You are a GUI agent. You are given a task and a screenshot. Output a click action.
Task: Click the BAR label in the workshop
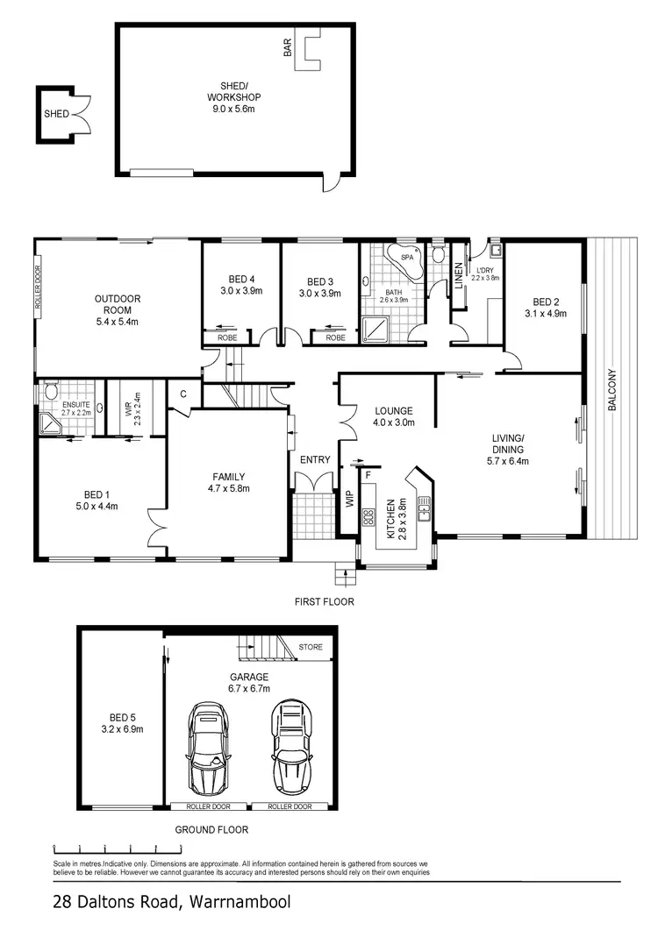[287, 47]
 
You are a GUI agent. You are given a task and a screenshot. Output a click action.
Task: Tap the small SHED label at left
[56, 114]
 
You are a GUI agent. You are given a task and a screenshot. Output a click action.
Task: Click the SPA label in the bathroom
[407, 259]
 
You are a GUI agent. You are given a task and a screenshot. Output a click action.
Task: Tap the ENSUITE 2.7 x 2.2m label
[75, 408]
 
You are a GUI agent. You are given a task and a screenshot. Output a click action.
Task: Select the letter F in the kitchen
[368, 474]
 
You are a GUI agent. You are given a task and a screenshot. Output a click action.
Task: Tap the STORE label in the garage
[311, 648]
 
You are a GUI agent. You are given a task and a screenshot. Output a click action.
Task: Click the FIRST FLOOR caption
[325, 602]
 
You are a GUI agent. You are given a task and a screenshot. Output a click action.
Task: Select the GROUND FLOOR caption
[211, 829]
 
